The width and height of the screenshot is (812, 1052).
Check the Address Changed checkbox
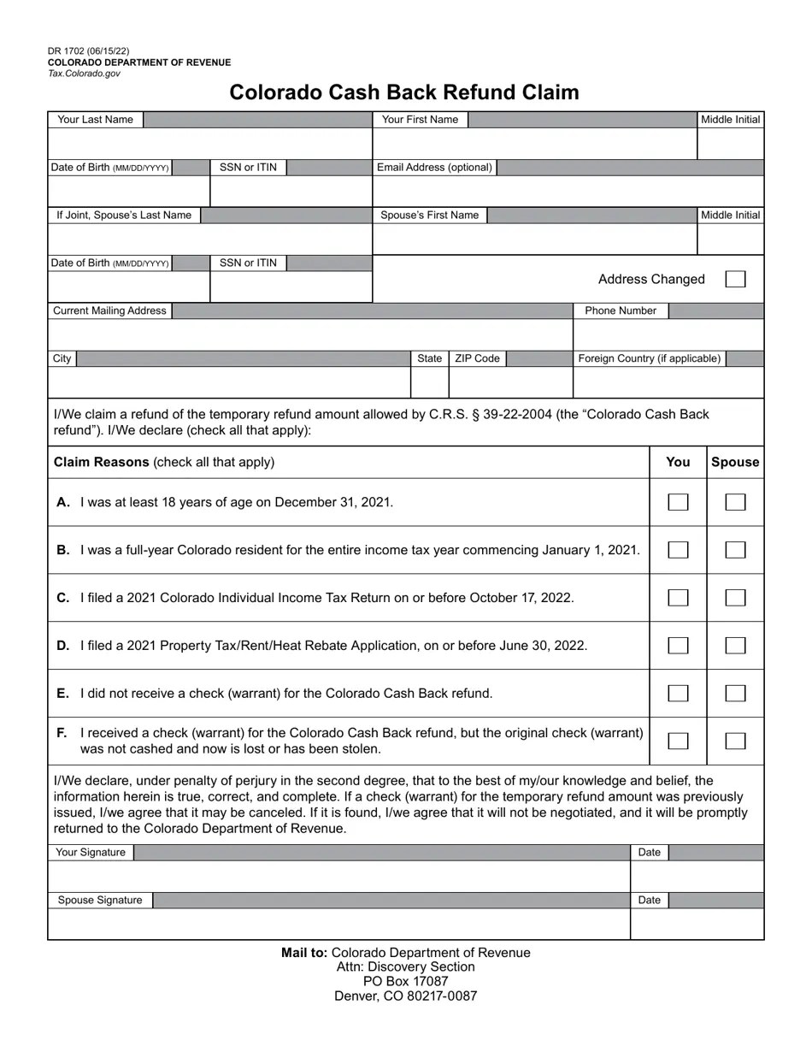[x=735, y=279]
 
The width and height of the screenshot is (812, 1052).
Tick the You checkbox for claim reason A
[x=678, y=502]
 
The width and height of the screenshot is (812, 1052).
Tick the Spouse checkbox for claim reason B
[x=735, y=550]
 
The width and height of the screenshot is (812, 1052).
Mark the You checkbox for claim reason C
[x=678, y=598]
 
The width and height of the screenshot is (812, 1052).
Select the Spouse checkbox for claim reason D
[x=735, y=646]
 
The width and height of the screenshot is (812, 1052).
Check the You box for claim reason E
[x=678, y=694]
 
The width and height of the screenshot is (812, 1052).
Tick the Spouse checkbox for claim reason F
[x=735, y=742]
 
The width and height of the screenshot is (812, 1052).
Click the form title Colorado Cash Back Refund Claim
[x=404, y=92]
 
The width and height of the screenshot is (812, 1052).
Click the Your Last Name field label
[x=95, y=120]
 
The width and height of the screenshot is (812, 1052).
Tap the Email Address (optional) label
[x=435, y=168]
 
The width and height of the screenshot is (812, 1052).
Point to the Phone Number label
[x=621, y=310]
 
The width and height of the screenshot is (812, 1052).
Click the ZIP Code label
[x=477, y=358]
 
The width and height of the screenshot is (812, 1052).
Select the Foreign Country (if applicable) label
[x=650, y=358]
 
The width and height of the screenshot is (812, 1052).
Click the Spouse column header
[x=735, y=462]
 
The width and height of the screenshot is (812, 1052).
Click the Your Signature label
[x=91, y=853]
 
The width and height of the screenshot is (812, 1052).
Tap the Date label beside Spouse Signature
[x=650, y=900]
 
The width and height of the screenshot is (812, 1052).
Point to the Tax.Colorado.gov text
[x=85, y=74]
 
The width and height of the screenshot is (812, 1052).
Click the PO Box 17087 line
[x=405, y=981]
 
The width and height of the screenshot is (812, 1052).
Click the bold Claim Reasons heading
[x=102, y=462]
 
